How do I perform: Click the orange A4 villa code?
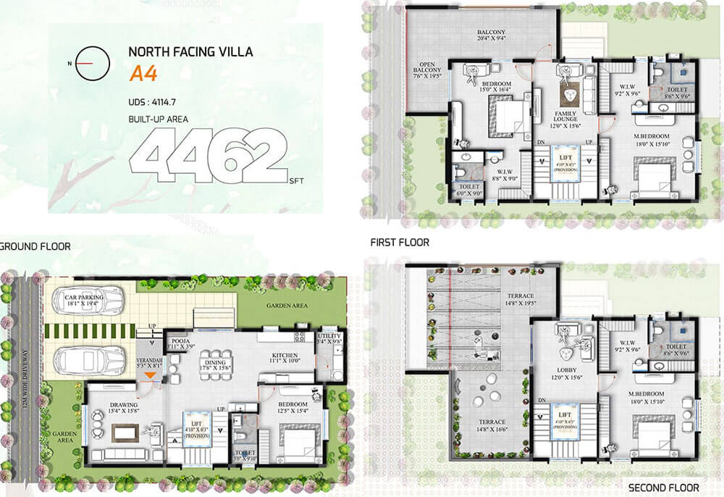pyautogui.click(x=140, y=73)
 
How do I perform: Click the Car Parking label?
pyautogui.click(x=84, y=297)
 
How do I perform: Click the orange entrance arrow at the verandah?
pyautogui.click(x=149, y=375)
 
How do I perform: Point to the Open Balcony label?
pyautogui.click(x=426, y=70)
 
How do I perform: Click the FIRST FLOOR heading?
pyautogui.click(x=400, y=243)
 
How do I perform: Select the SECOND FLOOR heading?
pyautogui.click(x=663, y=488)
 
